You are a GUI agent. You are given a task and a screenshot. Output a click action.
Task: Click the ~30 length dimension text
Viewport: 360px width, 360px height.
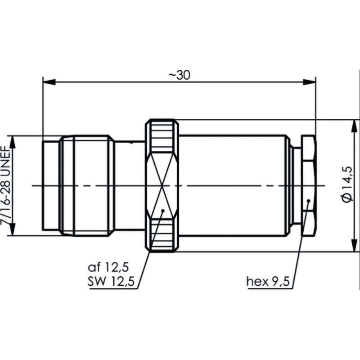[x=179, y=75]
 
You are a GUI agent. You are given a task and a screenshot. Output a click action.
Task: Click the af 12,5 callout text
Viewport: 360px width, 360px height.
[x=105, y=269]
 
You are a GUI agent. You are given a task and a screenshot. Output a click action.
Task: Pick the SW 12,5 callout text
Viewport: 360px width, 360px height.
[x=105, y=282]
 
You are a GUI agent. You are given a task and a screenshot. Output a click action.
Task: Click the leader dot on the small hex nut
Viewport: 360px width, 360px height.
[x=308, y=201]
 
